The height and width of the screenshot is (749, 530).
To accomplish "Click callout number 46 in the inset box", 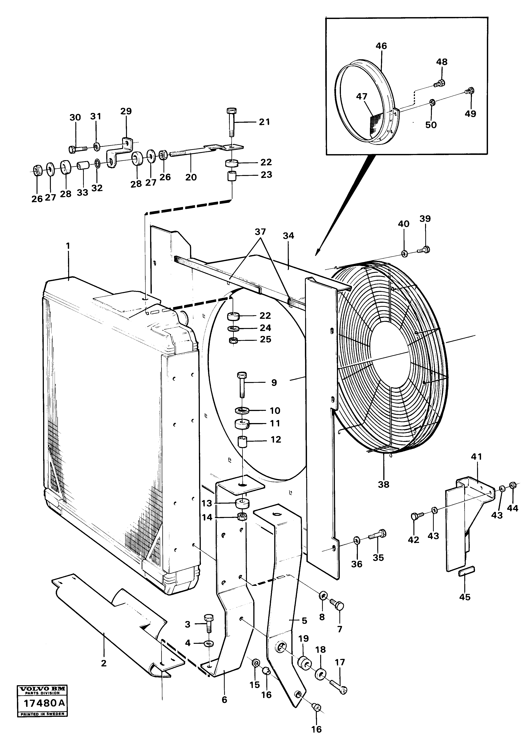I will pos(381,46).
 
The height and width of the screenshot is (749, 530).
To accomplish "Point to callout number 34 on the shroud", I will pos(289,236).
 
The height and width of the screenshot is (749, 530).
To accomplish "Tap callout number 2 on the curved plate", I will pos(104,664).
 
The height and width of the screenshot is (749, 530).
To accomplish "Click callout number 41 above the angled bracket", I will pos(477,457).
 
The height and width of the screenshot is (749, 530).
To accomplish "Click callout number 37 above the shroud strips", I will pos(260,232).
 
